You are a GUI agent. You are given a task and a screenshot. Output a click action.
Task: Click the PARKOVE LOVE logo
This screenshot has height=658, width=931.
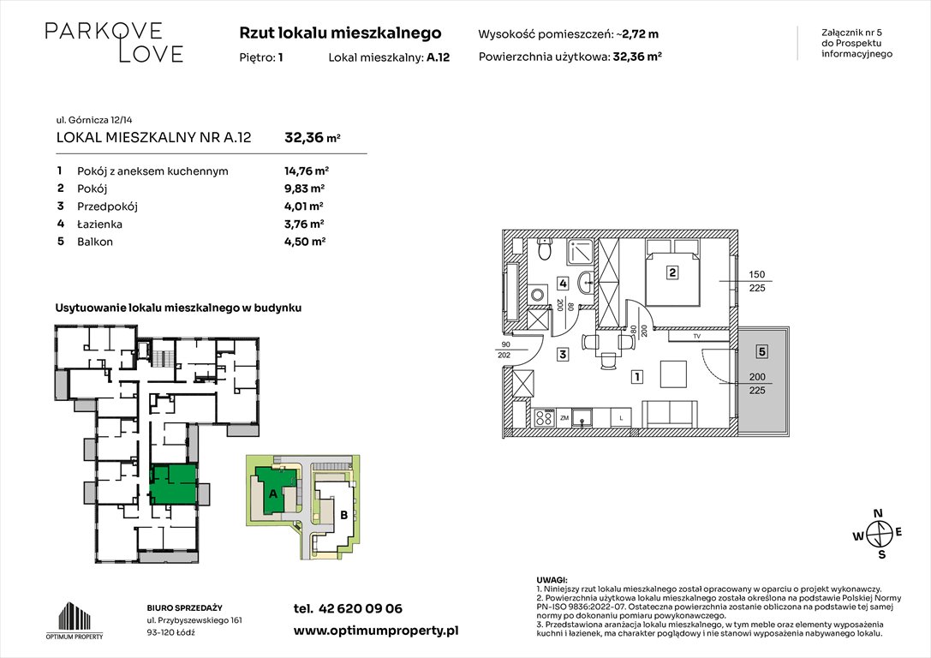(x=114, y=42)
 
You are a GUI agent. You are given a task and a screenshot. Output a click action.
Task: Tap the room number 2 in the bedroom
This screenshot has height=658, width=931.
(x=673, y=274)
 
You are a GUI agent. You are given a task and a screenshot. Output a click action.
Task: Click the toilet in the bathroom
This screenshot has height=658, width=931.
(x=543, y=249)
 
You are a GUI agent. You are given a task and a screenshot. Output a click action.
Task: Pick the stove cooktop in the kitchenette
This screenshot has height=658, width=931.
(x=543, y=418)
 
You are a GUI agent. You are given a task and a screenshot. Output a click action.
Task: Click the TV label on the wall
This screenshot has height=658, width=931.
(x=696, y=337)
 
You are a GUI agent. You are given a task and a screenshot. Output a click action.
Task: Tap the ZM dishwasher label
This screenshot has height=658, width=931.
(x=564, y=418)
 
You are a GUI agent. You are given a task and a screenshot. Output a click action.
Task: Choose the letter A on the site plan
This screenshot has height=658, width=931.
(x=273, y=494)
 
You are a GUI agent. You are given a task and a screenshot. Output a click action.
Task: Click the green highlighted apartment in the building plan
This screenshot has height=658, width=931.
(x=173, y=484)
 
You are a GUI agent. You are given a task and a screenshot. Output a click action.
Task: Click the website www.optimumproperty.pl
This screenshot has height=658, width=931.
(x=376, y=630)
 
